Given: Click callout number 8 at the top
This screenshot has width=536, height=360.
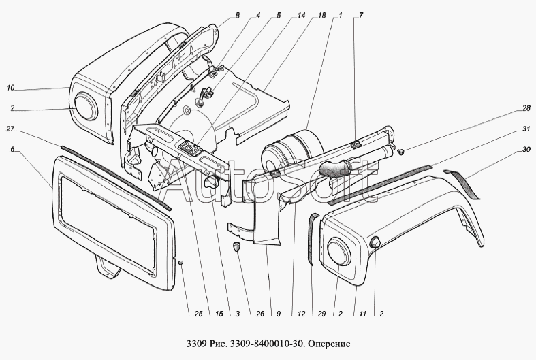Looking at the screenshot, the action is (238, 16).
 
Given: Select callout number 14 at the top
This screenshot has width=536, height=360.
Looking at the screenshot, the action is (301, 16).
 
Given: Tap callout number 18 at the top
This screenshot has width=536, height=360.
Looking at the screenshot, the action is (321, 16).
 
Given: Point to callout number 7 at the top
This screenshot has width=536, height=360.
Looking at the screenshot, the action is (361, 16).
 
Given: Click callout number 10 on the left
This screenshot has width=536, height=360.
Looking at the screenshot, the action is (10, 88).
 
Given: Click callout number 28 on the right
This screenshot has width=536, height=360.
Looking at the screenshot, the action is (526, 109).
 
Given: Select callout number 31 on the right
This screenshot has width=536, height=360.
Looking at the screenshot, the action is (526, 129).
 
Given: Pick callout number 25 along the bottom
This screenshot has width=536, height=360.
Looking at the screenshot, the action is (199, 314).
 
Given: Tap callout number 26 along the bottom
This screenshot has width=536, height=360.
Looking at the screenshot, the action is (259, 314).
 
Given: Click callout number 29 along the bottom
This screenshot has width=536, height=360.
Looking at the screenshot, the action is (321, 314).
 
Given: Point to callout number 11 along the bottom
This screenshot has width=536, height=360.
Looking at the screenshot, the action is (363, 314).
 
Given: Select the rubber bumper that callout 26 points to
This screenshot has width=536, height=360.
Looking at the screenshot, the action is (236, 246).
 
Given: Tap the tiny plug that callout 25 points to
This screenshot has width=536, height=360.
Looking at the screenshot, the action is (182, 262).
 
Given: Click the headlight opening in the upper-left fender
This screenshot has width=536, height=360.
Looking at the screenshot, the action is (86, 107).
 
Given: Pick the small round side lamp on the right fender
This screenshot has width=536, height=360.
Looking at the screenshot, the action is (376, 242).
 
